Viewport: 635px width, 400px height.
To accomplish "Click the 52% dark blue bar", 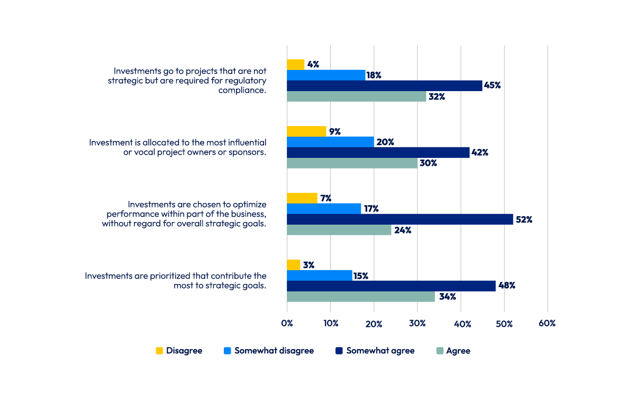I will (400, 219).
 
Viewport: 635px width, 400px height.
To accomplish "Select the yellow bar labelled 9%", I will (306, 131).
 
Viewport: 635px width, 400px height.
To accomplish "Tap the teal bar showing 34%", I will (360, 297).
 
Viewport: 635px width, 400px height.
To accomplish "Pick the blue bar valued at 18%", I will (326, 75).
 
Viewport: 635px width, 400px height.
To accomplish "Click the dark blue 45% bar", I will (384, 86).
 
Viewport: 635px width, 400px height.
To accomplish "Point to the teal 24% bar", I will (339, 230).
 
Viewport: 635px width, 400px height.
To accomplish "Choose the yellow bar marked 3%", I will (293, 265).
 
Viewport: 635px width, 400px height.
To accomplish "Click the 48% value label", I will (506, 286).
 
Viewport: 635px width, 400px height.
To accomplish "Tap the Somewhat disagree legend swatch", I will (228, 351).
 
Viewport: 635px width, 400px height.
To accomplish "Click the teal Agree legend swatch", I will (439, 351).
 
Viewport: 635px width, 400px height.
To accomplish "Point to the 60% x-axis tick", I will (547, 323).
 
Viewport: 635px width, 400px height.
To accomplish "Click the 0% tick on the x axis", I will (287, 323).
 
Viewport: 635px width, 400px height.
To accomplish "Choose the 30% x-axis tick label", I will (417, 323).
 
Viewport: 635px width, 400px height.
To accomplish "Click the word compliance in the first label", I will (242, 90).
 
